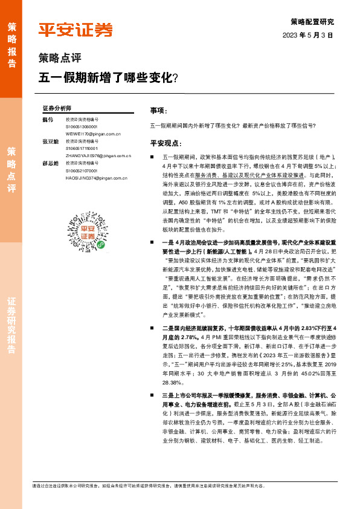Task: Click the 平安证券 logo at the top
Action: coord(76,30)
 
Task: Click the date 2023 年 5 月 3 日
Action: coord(307,35)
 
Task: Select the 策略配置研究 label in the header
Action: coord(312,21)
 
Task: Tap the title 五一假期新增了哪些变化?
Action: coord(108,77)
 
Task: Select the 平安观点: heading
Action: coord(166,143)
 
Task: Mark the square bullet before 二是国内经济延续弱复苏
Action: coord(153,328)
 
